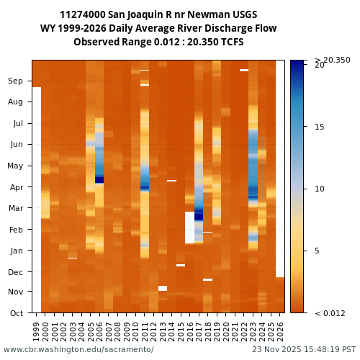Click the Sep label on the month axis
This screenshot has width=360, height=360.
coord(15,81)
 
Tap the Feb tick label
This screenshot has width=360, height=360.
coord(15,230)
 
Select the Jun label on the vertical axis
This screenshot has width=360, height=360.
coord(15,145)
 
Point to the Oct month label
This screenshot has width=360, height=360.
coord(15,313)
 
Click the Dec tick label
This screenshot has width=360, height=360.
coord(15,272)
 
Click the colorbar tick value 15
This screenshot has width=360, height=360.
coord(320,127)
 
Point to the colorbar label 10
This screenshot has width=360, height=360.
coord(320,189)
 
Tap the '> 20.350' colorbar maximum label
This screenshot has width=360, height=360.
coord(332,60)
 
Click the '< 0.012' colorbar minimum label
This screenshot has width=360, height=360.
coord(330,313)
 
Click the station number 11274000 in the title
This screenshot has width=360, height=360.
coord(86,15)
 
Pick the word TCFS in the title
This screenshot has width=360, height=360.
coord(230,42)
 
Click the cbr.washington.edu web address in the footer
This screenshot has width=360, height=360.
coord(78,350)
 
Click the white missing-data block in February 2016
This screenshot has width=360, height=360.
coord(189,228)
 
